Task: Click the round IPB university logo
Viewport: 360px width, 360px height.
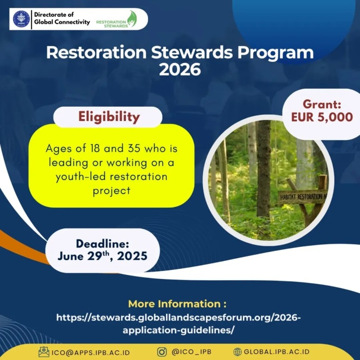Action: pyautogui.click(x=21, y=19)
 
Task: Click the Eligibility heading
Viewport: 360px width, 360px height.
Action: pyautogui.click(x=109, y=117)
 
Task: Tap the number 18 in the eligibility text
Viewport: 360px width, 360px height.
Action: pyautogui.click(x=95, y=148)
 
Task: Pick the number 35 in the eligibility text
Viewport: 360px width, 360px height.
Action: pyautogui.click(x=134, y=148)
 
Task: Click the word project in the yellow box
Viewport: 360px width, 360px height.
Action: pyautogui.click(x=112, y=191)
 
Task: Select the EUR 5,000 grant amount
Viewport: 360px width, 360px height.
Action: pyautogui.click(x=322, y=117)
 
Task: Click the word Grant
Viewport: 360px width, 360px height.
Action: pyautogui.click(x=322, y=104)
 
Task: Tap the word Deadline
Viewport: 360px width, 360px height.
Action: pyautogui.click(x=103, y=244)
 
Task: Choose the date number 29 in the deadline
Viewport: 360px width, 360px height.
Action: pyautogui.click(x=94, y=256)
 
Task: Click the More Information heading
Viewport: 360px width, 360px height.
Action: pyautogui.click(x=177, y=304)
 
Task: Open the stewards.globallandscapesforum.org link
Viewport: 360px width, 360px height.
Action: pyautogui.click(x=178, y=324)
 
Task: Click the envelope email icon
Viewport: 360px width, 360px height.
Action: pyautogui.click(x=44, y=352)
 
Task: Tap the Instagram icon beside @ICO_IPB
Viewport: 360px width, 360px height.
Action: pyautogui.click(x=162, y=352)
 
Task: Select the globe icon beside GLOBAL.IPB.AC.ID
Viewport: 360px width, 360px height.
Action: pyautogui.click(x=238, y=352)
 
